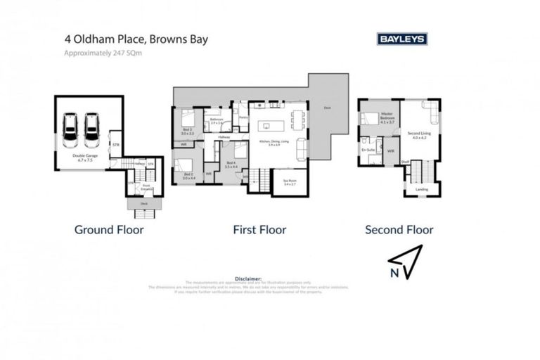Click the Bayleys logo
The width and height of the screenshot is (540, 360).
(x=401, y=40)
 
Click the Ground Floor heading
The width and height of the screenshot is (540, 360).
(x=109, y=229)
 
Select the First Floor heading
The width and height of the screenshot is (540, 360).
(x=259, y=229)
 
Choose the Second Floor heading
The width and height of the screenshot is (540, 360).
(x=399, y=229)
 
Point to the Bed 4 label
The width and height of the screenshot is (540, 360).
(x=231, y=164)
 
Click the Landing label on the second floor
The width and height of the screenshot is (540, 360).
(x=421, y=188)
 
